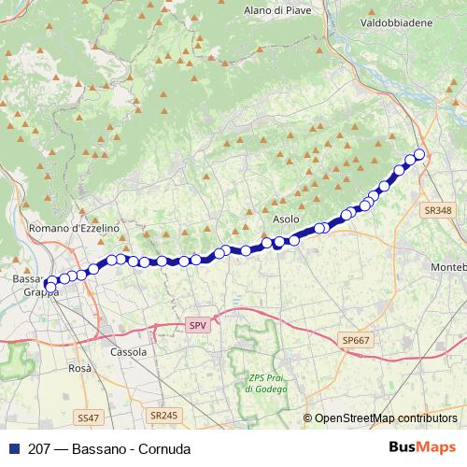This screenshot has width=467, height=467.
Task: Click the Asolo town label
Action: click(287, 219)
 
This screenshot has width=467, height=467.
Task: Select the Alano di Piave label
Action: click(276, 9)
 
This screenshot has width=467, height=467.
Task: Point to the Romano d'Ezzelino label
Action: click(75, 228)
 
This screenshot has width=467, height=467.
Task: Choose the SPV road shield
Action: click(196, 325)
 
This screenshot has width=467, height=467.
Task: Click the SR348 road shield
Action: click(436, 211)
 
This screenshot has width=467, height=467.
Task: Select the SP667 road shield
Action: click(356, 342)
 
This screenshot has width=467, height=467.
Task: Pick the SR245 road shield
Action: click(163, 415)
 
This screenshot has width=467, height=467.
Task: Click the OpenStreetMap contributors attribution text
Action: click(385, 418)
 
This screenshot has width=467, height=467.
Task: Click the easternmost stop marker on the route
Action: click(419, 154)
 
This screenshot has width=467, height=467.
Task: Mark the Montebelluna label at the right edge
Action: click(447, 267)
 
